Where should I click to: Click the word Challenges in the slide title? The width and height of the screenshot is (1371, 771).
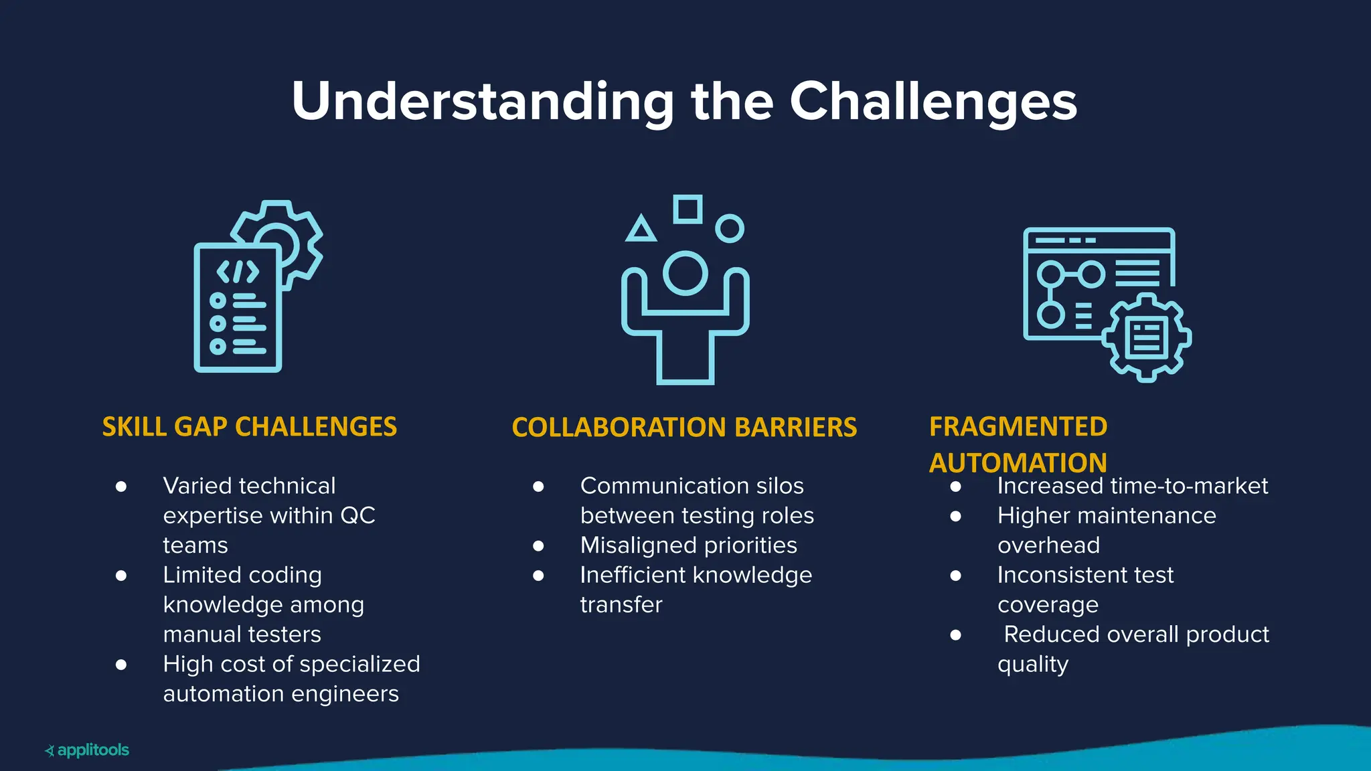coord(933,102)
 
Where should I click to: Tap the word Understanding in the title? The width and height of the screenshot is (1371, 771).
coord(482,102)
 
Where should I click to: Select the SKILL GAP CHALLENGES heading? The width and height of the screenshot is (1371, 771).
coord(249,427)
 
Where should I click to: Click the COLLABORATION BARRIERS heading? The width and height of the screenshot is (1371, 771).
coord(684,428)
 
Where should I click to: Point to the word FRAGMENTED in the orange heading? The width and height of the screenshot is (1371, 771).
coord(1018,427)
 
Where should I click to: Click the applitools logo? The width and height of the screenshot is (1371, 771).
coord(87,750)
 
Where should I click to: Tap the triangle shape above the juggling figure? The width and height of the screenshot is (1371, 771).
coord(641,230)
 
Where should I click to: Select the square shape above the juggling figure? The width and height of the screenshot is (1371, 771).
coord(688,209)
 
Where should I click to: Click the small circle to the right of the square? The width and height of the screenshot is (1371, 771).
coord(730,228)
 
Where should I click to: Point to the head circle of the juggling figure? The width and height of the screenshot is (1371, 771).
coord(685,273)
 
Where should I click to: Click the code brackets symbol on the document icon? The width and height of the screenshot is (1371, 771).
coord(238,272)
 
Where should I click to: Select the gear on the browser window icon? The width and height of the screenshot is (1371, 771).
coord(1146,338)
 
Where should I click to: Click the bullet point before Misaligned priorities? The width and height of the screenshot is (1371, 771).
coord(538,545)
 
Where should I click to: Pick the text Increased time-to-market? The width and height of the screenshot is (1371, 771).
coord(1132,486)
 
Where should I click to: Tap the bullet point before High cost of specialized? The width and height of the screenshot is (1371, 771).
coord(121,665)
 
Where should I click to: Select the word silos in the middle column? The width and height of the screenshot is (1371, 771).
coord(779,486)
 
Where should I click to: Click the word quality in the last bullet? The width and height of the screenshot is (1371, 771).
coord(1032,665)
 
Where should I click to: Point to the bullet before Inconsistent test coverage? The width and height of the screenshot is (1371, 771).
coord(955,576)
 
